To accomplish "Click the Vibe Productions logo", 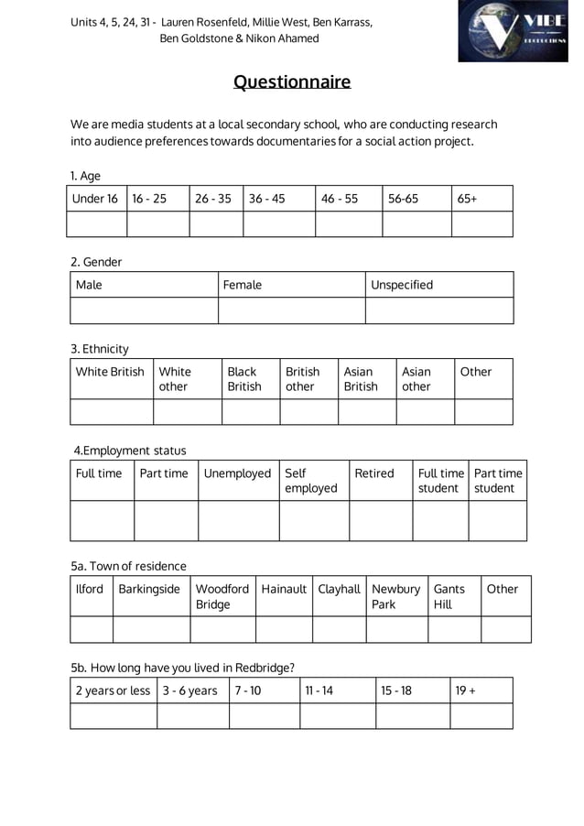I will click(513, 31).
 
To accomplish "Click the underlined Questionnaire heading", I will click(291, 83).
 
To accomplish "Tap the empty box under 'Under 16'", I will click(98, 224).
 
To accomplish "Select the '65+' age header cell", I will click(481, 199).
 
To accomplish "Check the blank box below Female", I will click(291, 310).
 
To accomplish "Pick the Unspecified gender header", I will click(438, 285).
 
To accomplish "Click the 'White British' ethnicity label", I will click(111, 372).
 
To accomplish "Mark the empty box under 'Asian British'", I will click(366, 411).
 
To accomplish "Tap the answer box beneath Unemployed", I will click(238, 521).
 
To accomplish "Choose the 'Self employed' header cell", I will click(313, 481).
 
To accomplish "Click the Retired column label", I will click(380, 473).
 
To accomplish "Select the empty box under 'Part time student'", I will click(497, 521).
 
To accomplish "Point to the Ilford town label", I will click(91, 589).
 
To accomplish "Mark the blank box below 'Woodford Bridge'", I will click(222, 630).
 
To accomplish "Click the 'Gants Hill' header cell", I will click(453, 596).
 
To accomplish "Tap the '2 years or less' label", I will click(113, 690).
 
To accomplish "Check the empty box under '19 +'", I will click(481, 715).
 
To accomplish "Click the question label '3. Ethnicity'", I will click(100, 349).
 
